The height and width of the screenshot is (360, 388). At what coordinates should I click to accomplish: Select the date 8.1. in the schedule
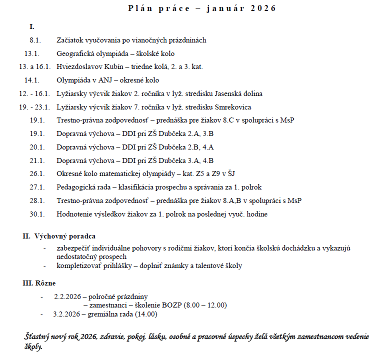35,40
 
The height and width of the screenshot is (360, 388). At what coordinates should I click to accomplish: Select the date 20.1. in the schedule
37,147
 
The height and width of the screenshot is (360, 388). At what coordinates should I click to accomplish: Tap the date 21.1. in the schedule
37,160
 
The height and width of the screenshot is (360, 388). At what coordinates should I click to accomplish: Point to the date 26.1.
37,174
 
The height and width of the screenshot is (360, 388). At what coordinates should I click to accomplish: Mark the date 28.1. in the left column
37,200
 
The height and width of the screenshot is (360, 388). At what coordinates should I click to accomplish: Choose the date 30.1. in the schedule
37,214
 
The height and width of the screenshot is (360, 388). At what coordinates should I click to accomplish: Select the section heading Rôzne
45,283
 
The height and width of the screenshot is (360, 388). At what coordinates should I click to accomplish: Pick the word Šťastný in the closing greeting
37,336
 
